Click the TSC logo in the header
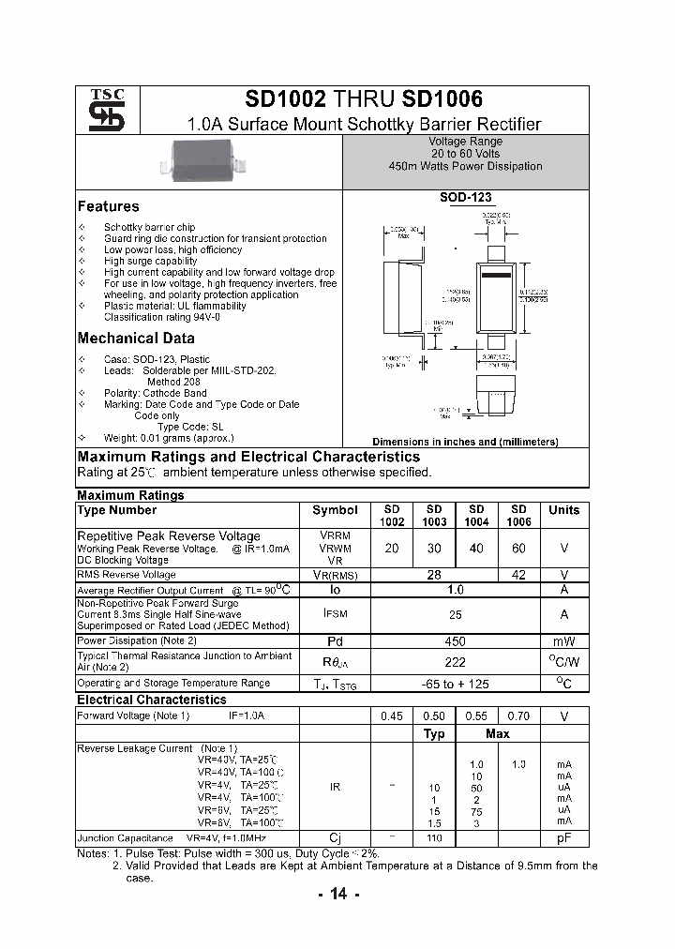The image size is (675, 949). pos(99,111)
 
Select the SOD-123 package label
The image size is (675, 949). pos(466,199)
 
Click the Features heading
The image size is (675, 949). pos(108,206)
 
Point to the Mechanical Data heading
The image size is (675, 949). pos(136,339)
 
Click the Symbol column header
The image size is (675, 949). pos(335,510)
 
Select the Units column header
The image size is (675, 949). pos(563,510)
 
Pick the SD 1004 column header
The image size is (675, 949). pos(476,516)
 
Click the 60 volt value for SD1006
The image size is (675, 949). pos(518,548)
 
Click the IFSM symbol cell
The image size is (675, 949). pos(335,614)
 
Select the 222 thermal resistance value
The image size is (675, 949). pos(455,662)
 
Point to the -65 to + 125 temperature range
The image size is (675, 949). pos(455,684)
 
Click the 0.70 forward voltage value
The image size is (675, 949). pos(518,716)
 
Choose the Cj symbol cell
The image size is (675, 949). pos(335,837)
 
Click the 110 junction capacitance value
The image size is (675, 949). pos(435,837)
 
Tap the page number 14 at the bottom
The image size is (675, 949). pos(337,895)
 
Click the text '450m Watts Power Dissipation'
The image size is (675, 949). pos(465,166)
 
